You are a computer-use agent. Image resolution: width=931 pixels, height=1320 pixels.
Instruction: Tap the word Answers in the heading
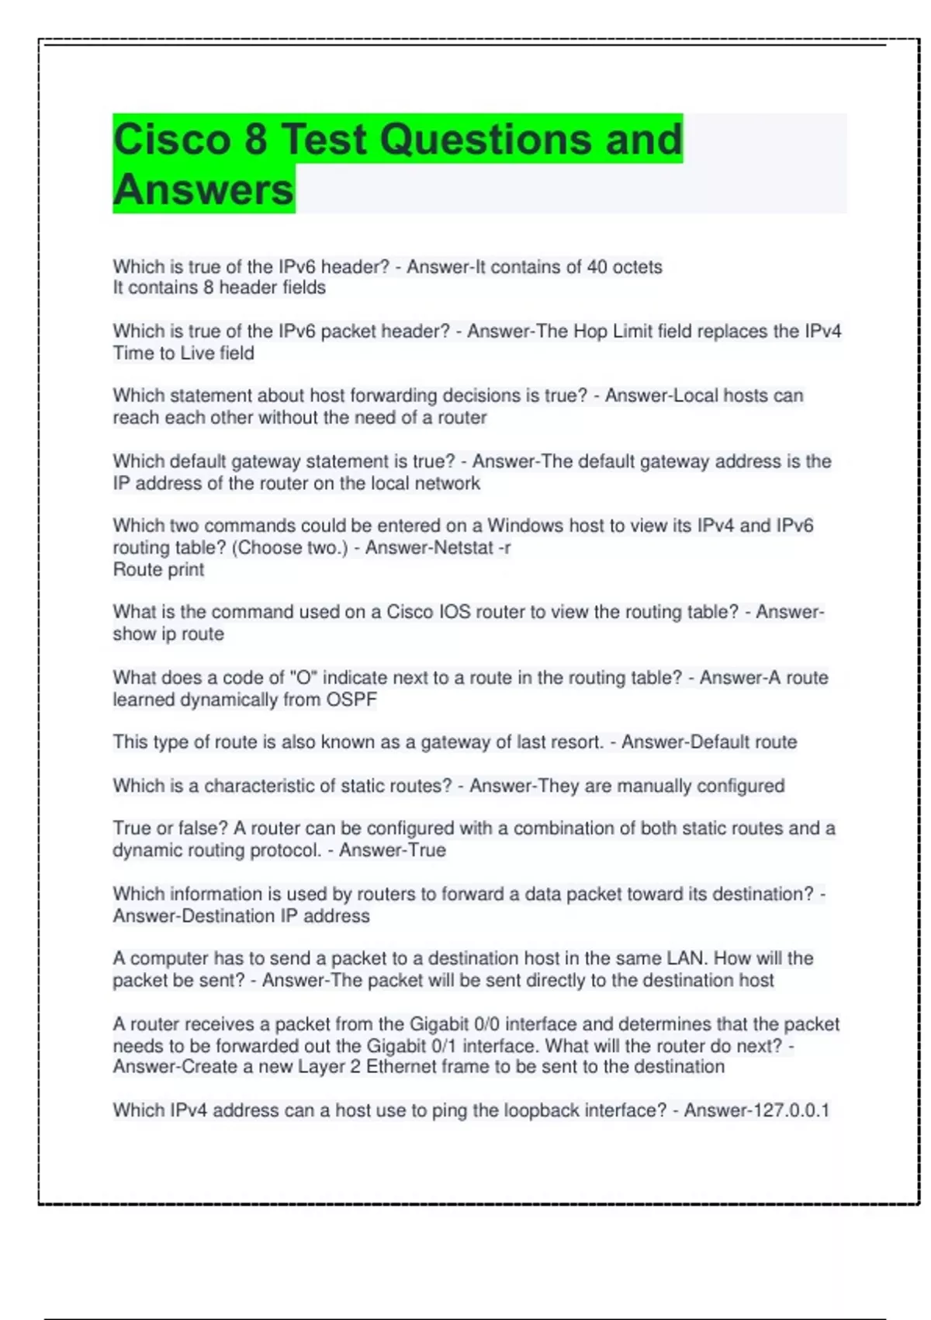pos(203,190)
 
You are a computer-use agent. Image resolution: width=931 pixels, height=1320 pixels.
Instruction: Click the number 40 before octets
pos(597,267)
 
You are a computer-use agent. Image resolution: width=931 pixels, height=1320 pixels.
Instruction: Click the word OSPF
pos(351,700)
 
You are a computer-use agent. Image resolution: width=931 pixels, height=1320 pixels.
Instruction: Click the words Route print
pos(158,569)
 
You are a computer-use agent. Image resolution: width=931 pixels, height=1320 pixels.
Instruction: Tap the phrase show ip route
pos(168,634)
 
